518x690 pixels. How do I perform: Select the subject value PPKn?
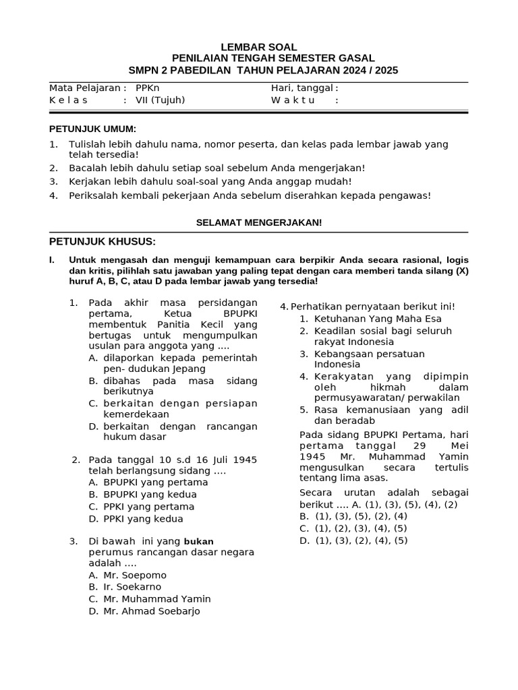tap(148, 88)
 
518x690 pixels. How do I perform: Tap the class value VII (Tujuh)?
tap(160, 100)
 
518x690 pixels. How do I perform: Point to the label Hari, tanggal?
tap(302, 88)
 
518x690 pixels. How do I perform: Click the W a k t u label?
tap(293, 100)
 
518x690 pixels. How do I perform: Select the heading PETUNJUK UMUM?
tap(92, 129)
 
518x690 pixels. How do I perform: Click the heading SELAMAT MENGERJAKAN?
tap(258, 222)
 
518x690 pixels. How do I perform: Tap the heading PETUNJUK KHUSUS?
tap(103, 241)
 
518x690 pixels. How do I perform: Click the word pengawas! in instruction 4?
tap(407, 195)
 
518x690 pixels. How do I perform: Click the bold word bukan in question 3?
tap(198, 541)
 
